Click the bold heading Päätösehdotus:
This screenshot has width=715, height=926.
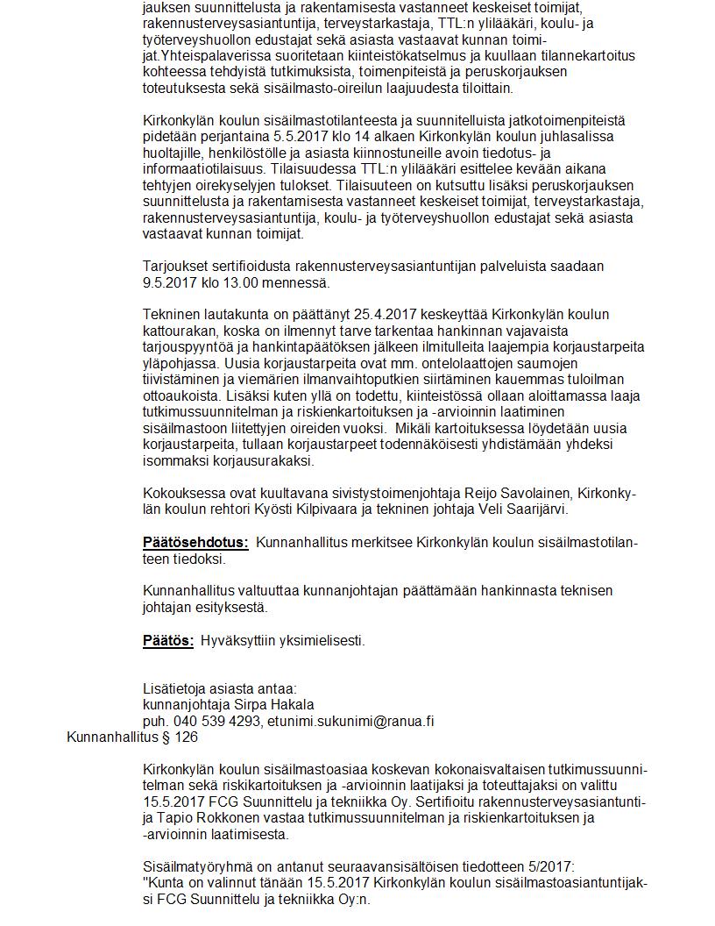point(195,543)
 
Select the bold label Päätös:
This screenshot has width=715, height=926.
point(168,640)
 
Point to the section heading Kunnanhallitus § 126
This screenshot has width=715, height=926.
point(131,737)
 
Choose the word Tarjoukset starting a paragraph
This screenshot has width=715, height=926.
point(174,266)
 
